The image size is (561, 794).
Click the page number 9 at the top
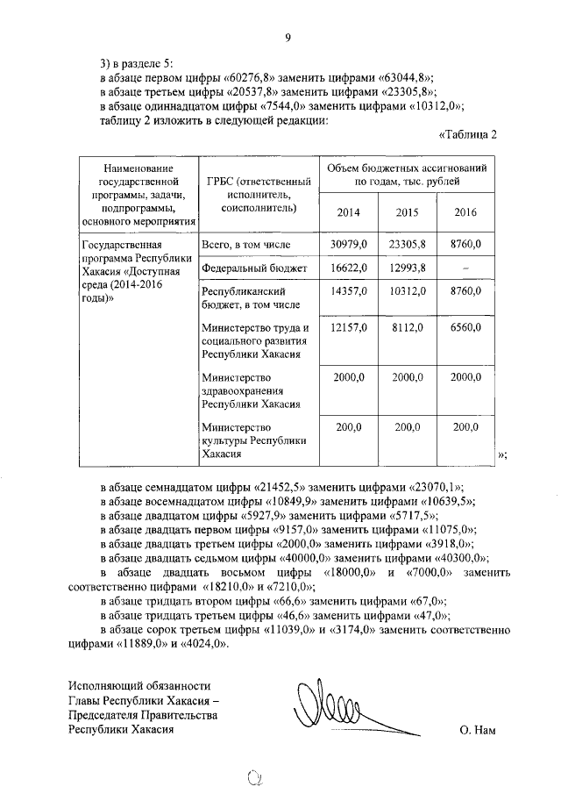[287, 37]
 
